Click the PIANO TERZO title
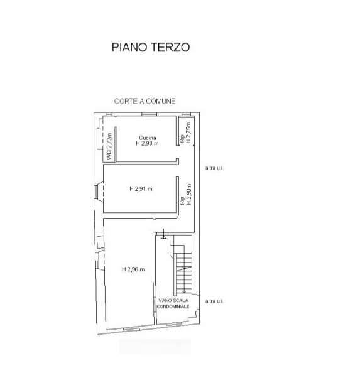coord(151,47)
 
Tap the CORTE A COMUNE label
coord(145,101)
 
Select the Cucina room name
coord(148,138)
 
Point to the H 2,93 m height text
coord(147,143)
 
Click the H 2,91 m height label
coord(141,189)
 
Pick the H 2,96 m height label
coord(133,269)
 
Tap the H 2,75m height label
coord(189,133)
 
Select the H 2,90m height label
coord(189,194)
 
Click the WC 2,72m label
coord(109,146)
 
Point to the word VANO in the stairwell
coord(165,300)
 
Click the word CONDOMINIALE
coord(173,306)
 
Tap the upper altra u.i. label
coord(214,168)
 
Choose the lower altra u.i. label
coord(214,301)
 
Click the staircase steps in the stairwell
coord(184,273)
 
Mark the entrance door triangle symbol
coord(163,237)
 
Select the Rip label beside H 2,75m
coord(182,139)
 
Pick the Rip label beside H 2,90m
coord(182,201)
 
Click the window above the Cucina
coord(150,114)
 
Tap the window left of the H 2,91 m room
coord(95,192)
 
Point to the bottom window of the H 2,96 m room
coord(131,329)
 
